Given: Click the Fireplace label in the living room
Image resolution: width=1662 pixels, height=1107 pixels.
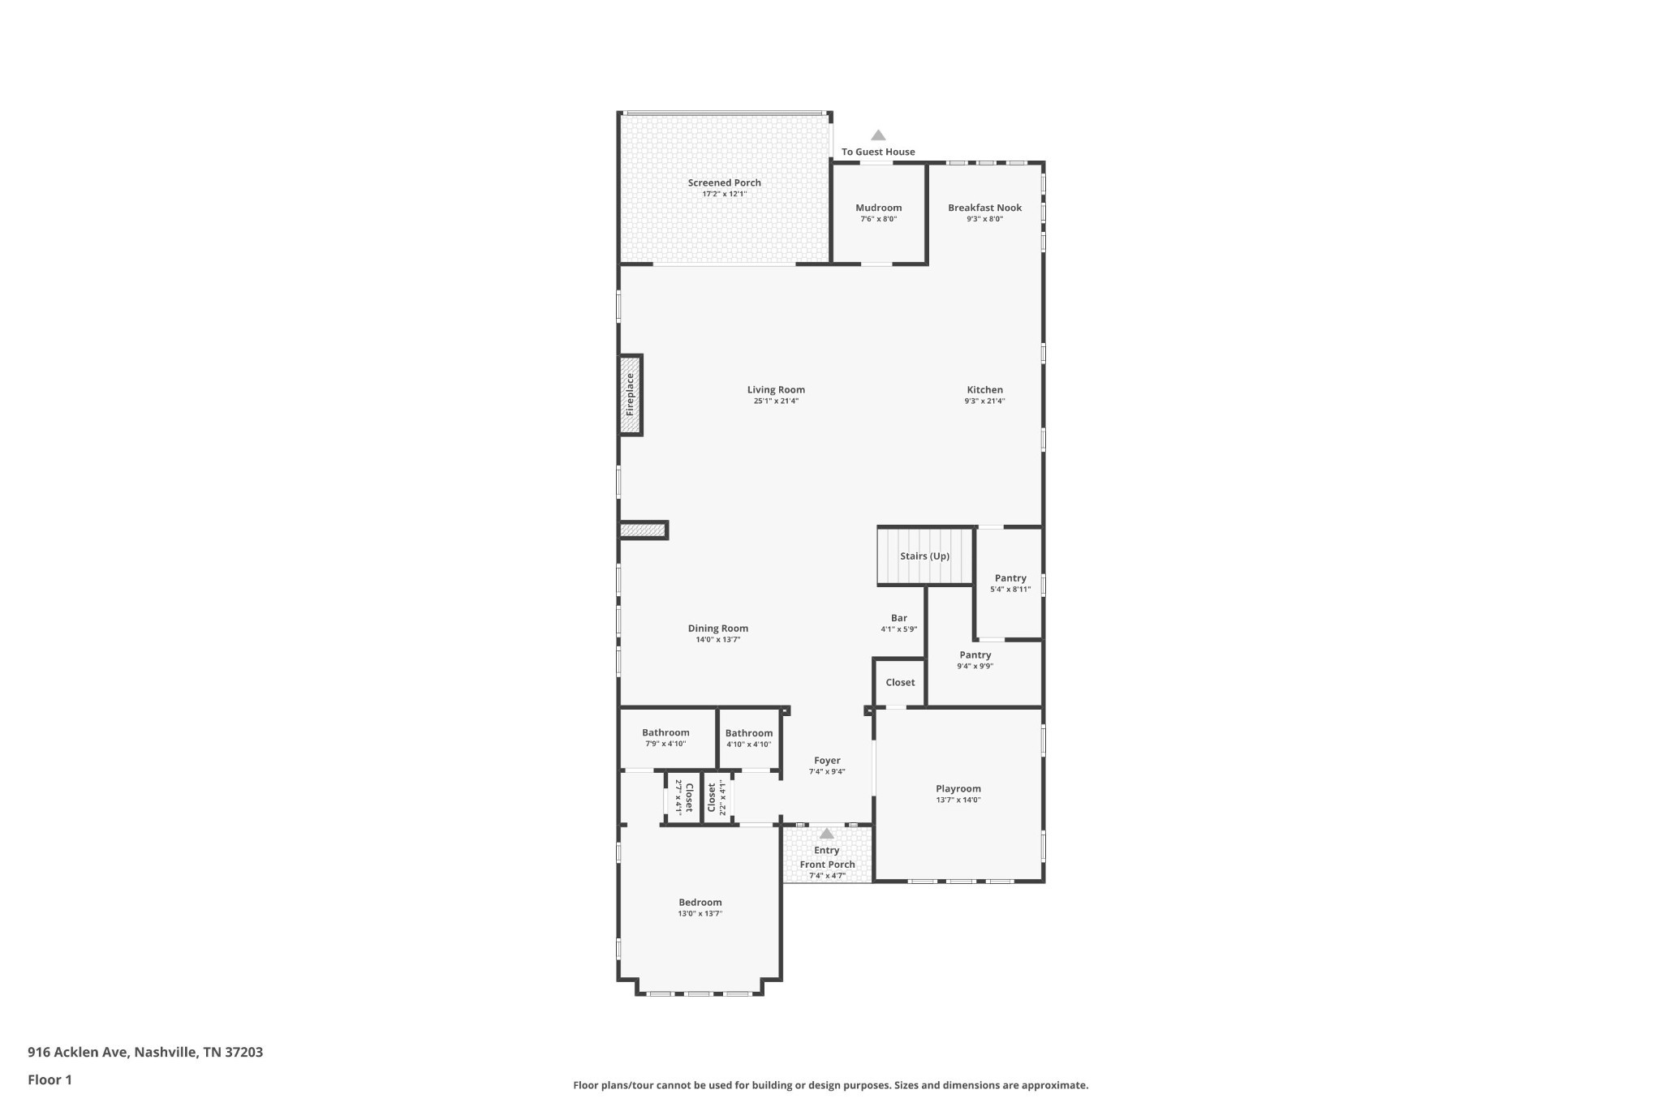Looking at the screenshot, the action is pos(630,395).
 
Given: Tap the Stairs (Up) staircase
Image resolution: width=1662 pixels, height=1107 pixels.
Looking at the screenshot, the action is pos(925,556).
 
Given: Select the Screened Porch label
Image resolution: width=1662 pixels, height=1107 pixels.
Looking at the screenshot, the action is pos(725,183).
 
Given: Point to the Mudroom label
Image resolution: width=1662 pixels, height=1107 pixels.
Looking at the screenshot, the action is pos(879,208).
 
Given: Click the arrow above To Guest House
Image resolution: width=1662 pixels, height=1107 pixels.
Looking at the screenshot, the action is pos(878,135).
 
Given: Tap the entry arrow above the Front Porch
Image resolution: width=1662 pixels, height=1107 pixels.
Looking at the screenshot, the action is pos(826,833).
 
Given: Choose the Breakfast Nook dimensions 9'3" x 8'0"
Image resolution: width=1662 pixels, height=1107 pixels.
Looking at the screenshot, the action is pos(985,219).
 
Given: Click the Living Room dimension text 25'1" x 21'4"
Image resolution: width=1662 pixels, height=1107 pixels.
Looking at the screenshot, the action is pos(776,401).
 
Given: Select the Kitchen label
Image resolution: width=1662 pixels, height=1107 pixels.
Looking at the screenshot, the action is pos(985,390).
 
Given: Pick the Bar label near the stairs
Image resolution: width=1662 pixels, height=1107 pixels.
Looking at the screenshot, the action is pos(899,618).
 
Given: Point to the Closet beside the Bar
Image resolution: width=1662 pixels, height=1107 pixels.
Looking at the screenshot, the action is pos(900,683).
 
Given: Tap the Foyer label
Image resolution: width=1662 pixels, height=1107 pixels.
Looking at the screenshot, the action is pos(827,761).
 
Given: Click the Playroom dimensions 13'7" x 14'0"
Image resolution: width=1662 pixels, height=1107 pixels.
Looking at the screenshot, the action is pos(958,800).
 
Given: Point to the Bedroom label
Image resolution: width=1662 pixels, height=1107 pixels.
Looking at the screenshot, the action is pos(700,903).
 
